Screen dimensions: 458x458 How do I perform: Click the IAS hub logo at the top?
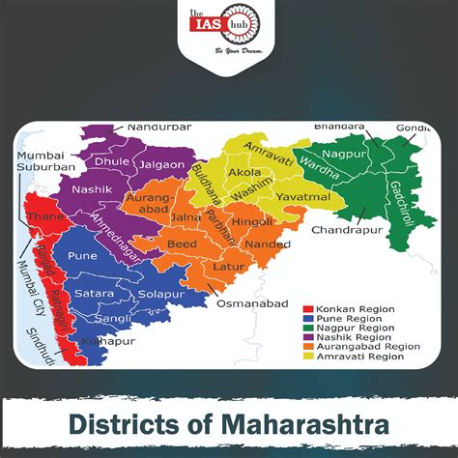point(228,26)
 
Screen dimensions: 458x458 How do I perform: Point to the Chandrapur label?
point(341,231)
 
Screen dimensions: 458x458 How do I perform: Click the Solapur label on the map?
point(161,293)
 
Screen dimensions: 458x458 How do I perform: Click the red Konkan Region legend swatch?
point(309,309)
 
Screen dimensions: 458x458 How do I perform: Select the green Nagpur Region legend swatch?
point(309,329)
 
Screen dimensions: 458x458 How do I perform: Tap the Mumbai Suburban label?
point(40,160)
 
